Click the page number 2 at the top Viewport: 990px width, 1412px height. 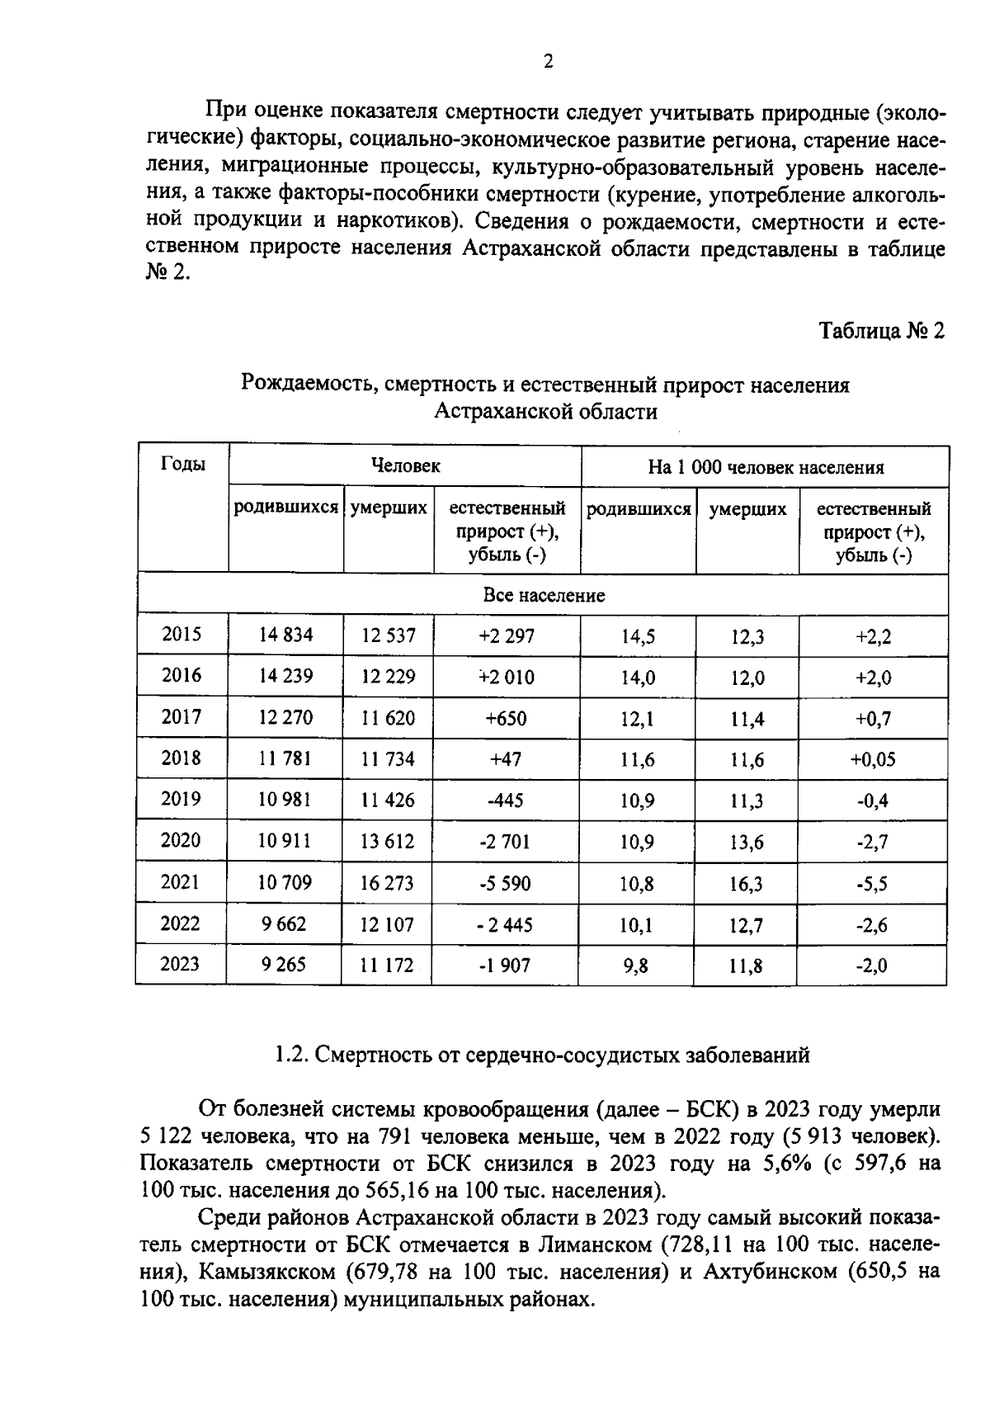coord(548,62)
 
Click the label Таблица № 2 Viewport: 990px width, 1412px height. coord(880,331)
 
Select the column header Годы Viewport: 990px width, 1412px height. coord(182,464)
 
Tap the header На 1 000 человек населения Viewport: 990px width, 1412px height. coord(765,467)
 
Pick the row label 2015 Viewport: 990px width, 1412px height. coord(181,635)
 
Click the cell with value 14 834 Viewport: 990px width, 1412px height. coord(285,635)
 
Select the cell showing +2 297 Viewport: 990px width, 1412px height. coord(507,635)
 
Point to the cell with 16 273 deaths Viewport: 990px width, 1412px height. coord(387,883)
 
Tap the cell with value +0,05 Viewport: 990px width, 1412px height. coord(872,759)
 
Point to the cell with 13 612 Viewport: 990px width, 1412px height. coord(387,842)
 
